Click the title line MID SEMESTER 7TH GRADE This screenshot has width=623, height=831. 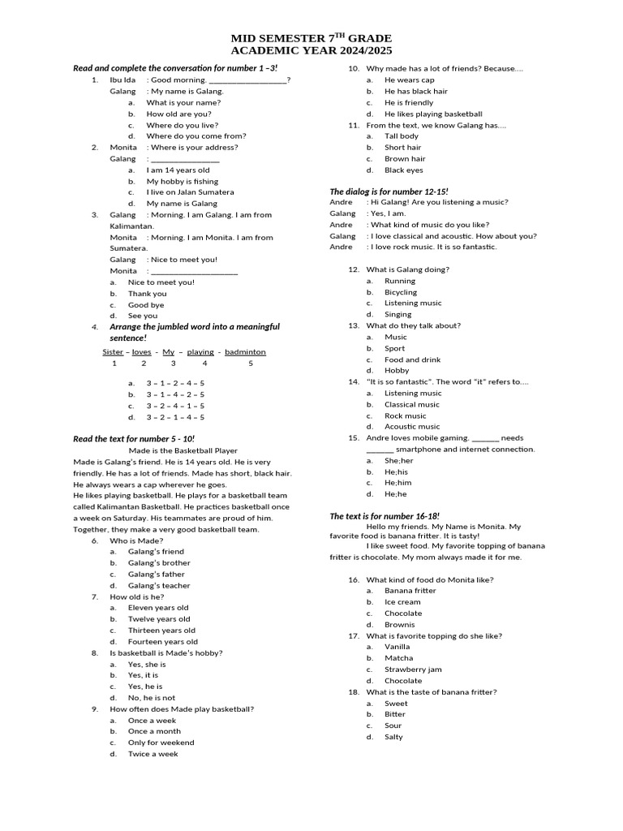point(311,38)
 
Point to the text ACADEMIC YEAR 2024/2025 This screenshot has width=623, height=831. point(311,51)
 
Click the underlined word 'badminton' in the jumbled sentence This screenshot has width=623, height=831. point(245,352)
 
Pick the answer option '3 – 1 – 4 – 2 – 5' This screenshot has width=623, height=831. point(175,394)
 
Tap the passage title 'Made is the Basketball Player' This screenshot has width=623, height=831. point(183,450)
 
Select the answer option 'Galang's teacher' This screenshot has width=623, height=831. point(159,585)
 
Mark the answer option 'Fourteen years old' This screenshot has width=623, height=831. point(162,641)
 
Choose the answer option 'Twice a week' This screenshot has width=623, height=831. point(153,754)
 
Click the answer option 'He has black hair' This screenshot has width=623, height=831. point(415,92)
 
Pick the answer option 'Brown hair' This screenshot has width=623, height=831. point(404,159)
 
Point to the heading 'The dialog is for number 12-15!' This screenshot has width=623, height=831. point(389,191)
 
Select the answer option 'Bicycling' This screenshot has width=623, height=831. point(401,292)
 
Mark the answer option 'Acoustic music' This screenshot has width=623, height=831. point(412,426)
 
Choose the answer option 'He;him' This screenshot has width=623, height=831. point(397,482)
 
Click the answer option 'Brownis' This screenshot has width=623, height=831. point(399,625)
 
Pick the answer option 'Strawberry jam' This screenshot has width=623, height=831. point(413,670)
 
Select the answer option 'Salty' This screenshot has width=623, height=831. point(393,737)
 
